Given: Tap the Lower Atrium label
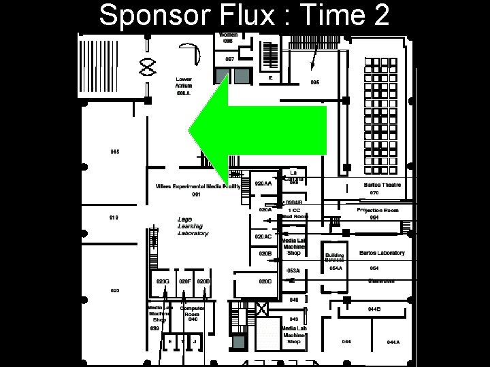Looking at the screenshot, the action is (x=184, y=82).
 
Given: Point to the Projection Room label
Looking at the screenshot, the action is (x=377, y=211).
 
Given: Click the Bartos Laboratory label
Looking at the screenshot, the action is (x=382, y=253).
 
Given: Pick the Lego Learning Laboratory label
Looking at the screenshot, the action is (x=193, y=226).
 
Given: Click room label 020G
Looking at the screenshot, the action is (x=162, y=281).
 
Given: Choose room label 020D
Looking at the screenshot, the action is (x=203, y=281).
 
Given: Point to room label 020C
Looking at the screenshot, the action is (x=265, y=281).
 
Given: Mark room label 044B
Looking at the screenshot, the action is (x=374, y=309).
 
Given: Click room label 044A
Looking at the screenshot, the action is (x=393, y=342).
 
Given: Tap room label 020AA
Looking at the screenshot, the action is (x=263, y=183).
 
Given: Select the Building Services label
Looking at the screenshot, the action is (x=335, y=258).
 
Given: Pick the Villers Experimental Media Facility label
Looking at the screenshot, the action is (x=198, y=186).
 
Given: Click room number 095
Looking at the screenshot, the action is (x=314, y=82).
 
